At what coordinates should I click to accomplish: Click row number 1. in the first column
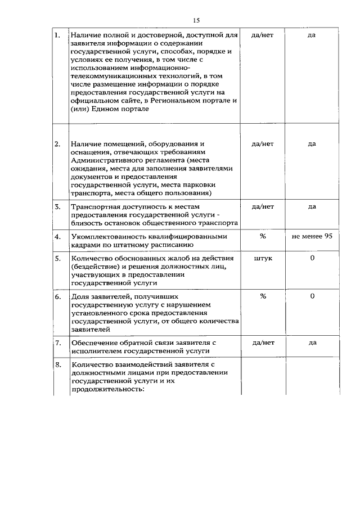57,35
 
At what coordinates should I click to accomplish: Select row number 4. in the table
57,236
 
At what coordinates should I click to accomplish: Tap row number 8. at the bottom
57,365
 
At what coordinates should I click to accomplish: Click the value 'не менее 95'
312,236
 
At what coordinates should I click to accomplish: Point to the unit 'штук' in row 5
263,258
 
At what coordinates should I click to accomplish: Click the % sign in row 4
263,236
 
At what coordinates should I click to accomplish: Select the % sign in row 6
263,296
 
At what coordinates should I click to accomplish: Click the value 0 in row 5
312,258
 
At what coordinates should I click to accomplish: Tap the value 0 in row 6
312,296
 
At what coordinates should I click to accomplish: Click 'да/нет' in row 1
263,35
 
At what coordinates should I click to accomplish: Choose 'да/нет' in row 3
263,207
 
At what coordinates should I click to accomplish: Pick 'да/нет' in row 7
263,343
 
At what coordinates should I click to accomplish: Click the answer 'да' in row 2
312,144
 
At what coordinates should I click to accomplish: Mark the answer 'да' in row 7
312,343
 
